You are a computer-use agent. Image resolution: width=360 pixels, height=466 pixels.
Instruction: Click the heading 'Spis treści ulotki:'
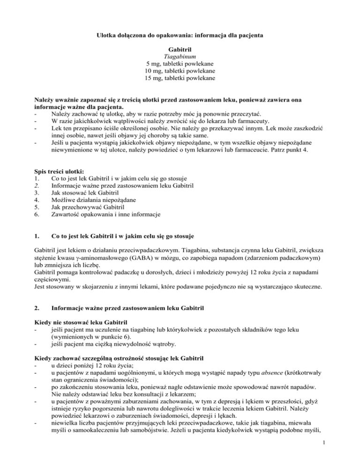57,172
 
